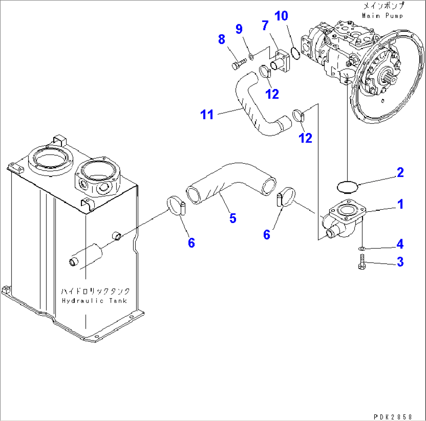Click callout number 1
[x=400, y=204]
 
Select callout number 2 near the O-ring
[x=400, y=172]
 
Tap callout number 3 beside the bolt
[x=400, y=262]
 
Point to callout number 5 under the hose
[x=233, y=218]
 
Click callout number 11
[x=207, y=115]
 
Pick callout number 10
[x=281, y=16]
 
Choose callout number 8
[x=222, y=39]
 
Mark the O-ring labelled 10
[x=295, y=54]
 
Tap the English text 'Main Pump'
[x=382, y=16]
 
